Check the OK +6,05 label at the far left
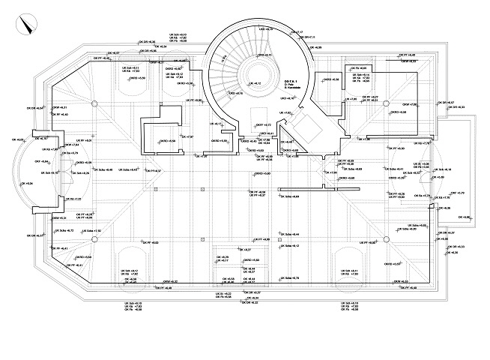point(20,140)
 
